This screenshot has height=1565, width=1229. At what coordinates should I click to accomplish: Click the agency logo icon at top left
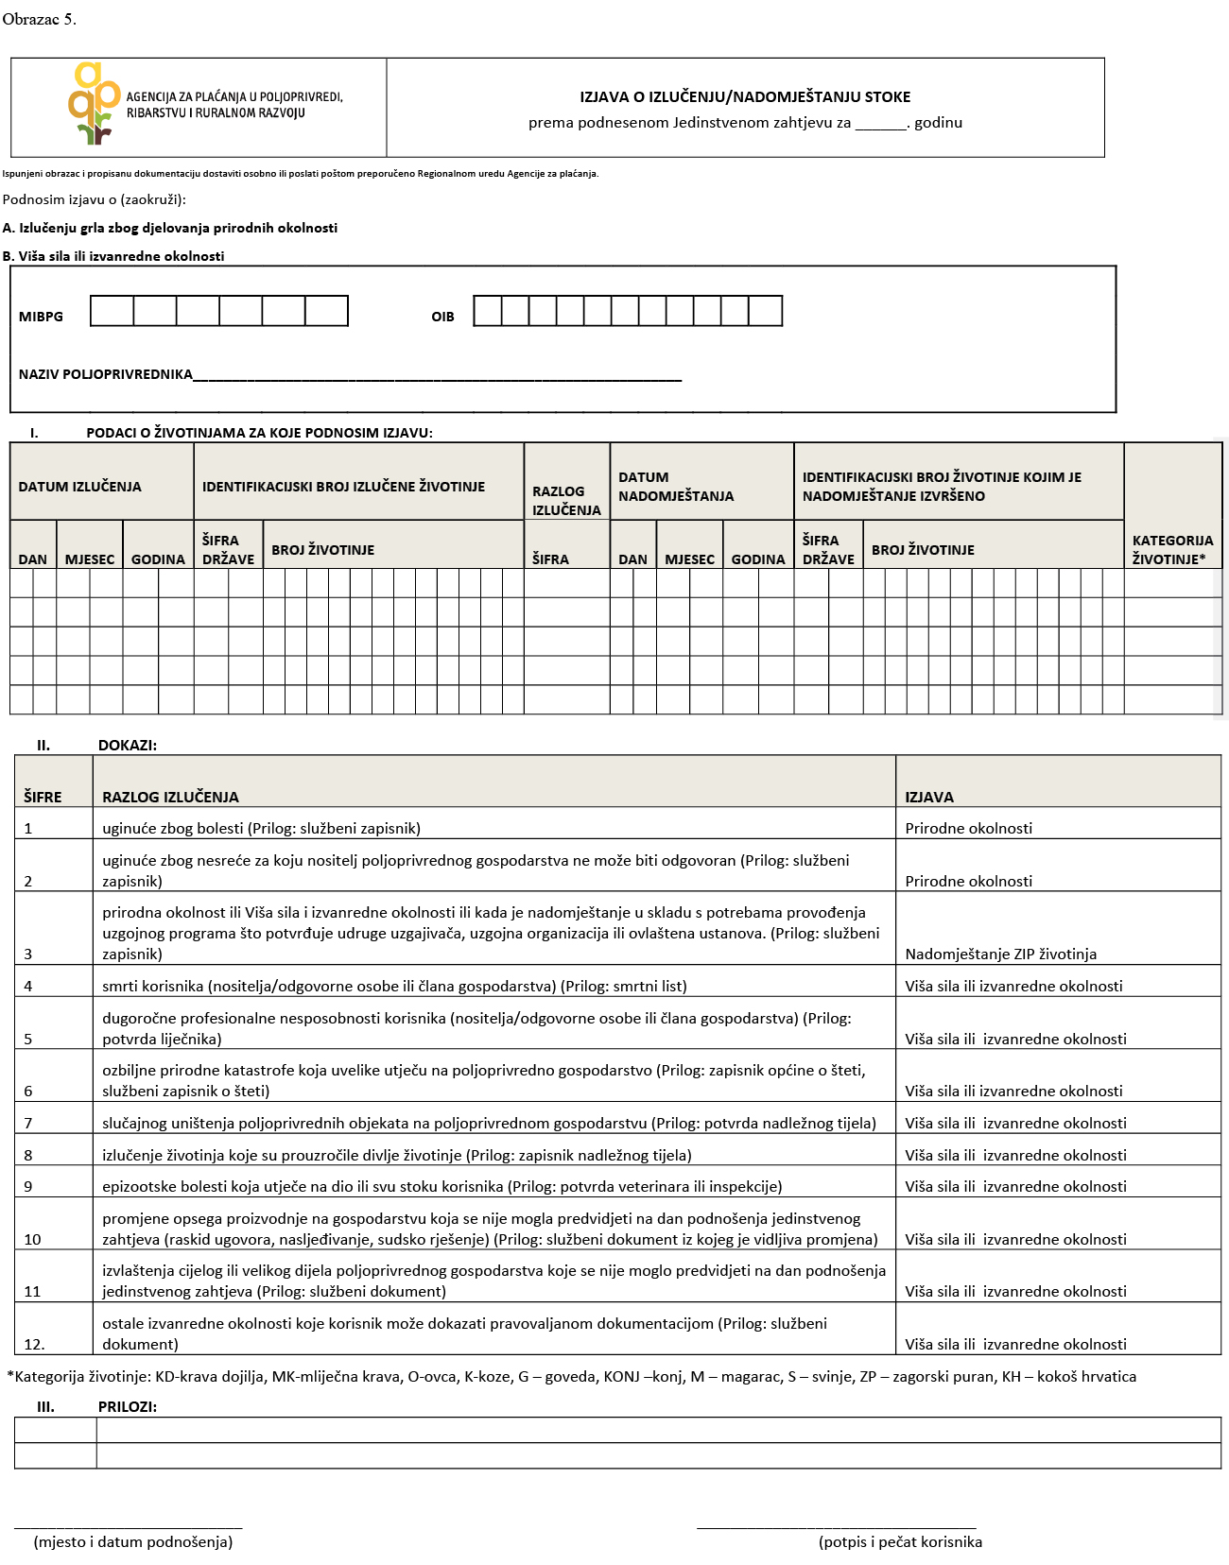[95, 103]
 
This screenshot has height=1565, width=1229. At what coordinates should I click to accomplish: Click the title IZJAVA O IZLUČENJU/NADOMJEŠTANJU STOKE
[745, 96]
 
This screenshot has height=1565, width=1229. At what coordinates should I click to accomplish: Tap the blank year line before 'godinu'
[880, 124]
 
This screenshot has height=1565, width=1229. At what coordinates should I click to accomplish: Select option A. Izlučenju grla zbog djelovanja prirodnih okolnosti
[170, 228]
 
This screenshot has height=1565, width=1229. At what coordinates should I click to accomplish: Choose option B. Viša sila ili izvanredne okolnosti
[113, 256]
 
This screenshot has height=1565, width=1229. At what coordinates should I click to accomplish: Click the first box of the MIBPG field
[112, 311]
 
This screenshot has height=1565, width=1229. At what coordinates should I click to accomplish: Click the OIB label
[442, 317]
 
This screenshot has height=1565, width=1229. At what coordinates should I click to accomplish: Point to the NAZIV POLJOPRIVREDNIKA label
[106, 374]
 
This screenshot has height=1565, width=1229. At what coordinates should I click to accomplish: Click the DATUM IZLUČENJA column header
[80, 487]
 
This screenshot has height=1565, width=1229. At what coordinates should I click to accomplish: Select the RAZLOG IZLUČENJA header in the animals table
[566, 500]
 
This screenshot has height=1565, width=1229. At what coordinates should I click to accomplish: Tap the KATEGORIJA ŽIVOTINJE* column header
[1172, 549]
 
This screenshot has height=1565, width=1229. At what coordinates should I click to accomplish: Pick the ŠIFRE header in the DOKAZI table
[43, 797]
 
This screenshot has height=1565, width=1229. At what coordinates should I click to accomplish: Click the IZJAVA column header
[929, 797]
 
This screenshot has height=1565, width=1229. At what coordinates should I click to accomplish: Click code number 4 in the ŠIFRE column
[28, 986]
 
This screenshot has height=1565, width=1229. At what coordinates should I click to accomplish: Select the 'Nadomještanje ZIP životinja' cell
[1000, 954]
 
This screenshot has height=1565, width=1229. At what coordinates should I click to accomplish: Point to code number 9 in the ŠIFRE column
[28, 1186]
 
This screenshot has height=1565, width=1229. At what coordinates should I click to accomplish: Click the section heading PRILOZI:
[128, 1406]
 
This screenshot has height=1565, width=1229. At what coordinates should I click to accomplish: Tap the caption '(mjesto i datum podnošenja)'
[133, 1541]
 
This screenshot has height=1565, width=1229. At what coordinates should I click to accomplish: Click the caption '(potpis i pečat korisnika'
[900, 1541]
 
